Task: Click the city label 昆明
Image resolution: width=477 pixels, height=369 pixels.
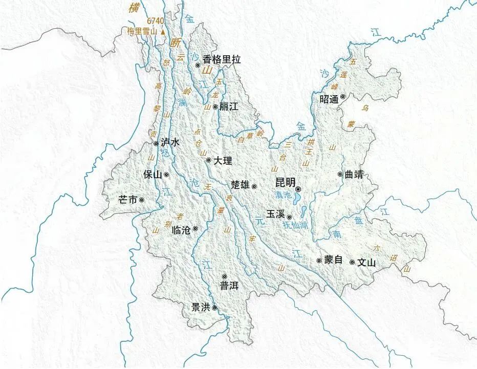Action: pos(285,183)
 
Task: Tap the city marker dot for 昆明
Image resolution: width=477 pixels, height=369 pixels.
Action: pos(298,189)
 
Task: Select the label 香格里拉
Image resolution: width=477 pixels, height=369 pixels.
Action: pos(221,59)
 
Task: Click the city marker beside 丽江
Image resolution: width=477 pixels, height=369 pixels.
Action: pos(215,107)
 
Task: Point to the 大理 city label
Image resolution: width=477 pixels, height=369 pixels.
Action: pos(223,161)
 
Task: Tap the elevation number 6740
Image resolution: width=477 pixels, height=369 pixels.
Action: pos(156,21)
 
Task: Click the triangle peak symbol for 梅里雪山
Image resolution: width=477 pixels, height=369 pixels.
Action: pos(163,31)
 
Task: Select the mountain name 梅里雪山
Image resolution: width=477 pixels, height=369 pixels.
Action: pos(142,31)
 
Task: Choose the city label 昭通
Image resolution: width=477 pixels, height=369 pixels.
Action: pos(329,99)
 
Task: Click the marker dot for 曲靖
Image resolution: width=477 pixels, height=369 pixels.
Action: pos(340,174)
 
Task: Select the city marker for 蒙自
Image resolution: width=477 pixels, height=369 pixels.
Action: pos(319,261)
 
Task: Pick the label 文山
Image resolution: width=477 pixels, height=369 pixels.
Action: pos(366,263)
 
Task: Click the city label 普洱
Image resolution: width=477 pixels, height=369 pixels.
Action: pos(229,286)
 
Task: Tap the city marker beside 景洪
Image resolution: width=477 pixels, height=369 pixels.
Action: pos(215,308)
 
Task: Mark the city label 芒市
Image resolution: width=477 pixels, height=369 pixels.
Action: pos(127,200)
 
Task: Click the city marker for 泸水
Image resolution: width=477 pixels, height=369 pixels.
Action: pos(156,144)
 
